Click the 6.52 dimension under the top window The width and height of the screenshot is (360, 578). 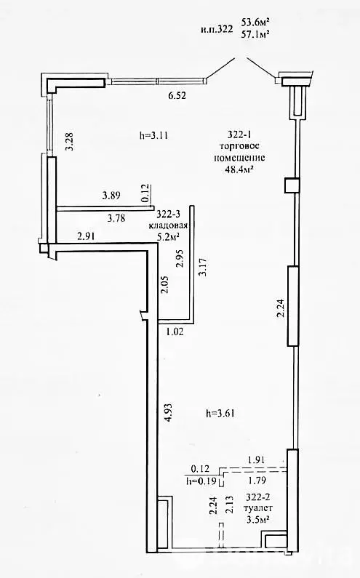coord(177,96)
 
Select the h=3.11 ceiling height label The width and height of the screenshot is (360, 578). coord(153,135)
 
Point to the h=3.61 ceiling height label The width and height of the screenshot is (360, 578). coord(220,414)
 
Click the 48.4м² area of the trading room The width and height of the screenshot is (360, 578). coord(241,169)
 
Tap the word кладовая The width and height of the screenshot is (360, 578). coord(168,225)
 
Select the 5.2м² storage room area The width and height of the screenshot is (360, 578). coord(168,237)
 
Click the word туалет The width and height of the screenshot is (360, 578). coord(258,508)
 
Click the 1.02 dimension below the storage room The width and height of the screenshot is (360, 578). coord(175,332)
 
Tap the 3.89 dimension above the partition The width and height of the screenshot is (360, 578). coord(111,196)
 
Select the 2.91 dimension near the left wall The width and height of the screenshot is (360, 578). coord(86,236)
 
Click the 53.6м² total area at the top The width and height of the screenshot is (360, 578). coord(255,22)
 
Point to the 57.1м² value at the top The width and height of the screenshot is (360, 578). coord(255,34)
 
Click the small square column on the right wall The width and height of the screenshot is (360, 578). coord(292,185)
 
